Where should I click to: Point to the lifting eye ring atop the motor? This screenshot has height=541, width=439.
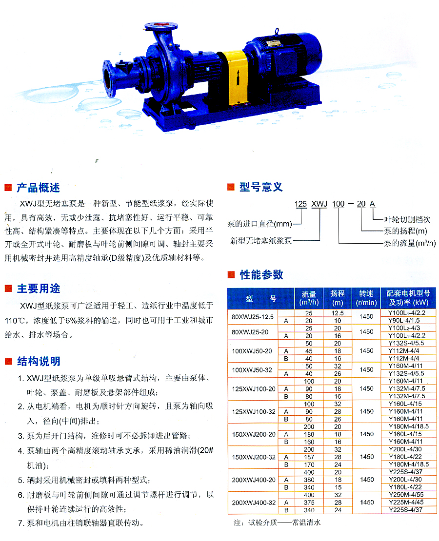pyautogui.click(x=276, y=32)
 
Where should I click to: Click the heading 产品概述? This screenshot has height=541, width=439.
pyautogui.click(x=38, y=188)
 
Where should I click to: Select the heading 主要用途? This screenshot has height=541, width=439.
pyautogui.click(x=39, y=289)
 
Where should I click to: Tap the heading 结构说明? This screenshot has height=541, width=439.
pyautogui.click(x=39, y=361)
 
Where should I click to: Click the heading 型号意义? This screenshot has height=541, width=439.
pyautogui.click(x=261, y=187)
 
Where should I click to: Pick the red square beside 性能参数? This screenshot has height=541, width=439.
pyautogui.click(x=231, y=274)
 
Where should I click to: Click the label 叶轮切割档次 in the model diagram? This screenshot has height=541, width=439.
pyautogui.click(x=407, y=219)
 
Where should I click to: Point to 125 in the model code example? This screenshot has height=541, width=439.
pyautogui.click(x=300, y=204)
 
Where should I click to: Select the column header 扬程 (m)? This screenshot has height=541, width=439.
pyautogui.click(x=338, y=298)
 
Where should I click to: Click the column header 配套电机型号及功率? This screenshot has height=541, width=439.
pyautogui.click(x=408, y=298)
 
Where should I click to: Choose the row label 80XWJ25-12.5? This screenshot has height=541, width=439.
pyautogui.click(x=253, y=317)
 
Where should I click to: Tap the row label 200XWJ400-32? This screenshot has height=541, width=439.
pyautogui.click(x=254, y=502)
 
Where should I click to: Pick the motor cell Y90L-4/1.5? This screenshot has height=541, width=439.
pyautogui.click(x=404, y=321)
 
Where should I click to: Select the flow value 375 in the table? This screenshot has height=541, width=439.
pyautogui.click(x=309, y=502)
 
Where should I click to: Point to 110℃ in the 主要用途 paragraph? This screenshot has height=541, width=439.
pyautogui.click(x=15, y=321)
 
